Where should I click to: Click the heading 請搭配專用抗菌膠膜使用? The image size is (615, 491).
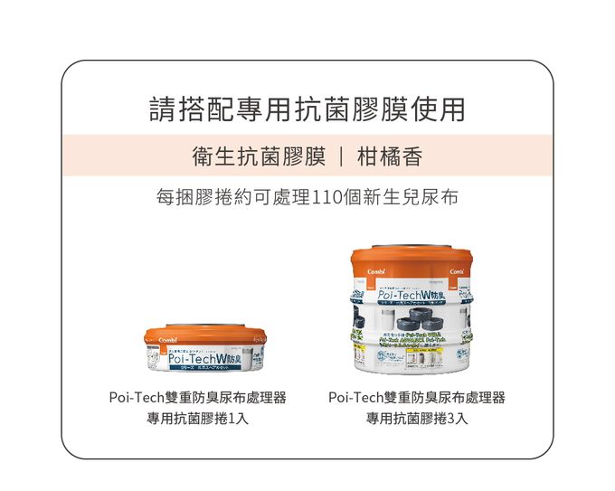[x=307, y=109]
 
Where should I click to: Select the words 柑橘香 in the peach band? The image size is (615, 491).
[x=390, y=156]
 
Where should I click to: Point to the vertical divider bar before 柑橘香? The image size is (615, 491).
[x=341, y=156]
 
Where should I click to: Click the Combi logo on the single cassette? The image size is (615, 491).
[x=166, y=341]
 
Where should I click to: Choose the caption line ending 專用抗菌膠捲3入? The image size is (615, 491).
[x=417, y=419]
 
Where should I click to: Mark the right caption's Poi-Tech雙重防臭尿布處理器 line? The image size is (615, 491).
[x=417, y=398]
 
